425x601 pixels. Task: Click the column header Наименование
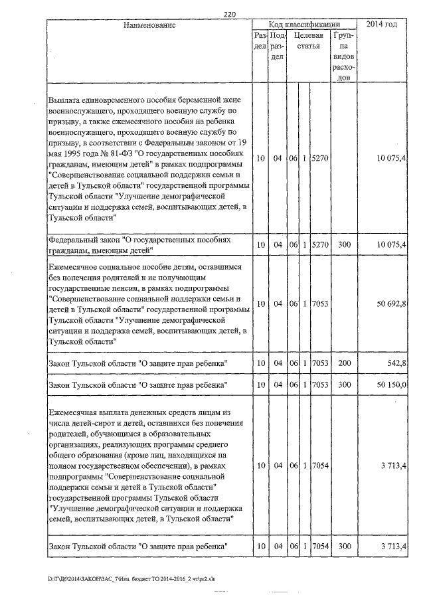[149, 25]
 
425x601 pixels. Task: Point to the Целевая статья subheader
[308, 41]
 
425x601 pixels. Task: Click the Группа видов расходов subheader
[345, 56]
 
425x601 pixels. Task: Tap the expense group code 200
[344, 364]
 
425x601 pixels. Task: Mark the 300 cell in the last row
[344, 546]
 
